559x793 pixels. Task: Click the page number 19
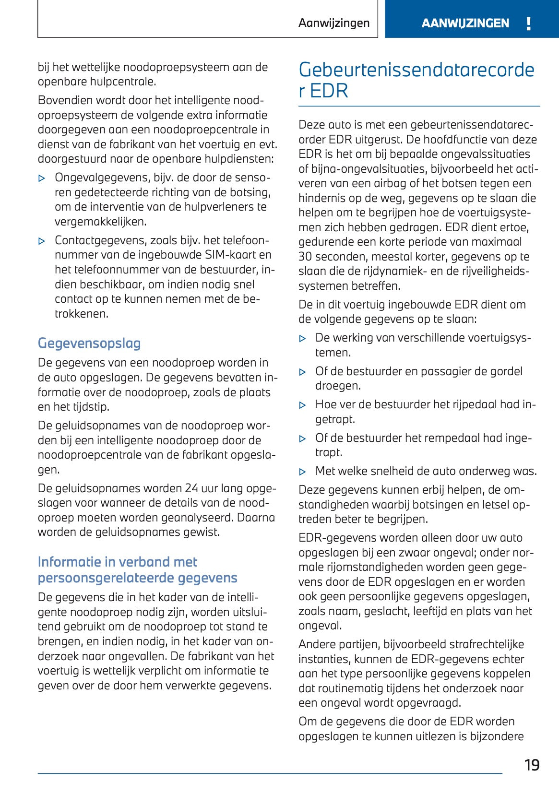pyautogui.click(x=532, y=765)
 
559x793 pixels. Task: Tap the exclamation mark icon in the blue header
pyautogui.click(x=528, y=24)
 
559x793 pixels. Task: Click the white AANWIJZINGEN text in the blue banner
pyautogui.click(x=465, y=24)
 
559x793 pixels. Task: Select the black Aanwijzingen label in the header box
pyautogui.click(x=334, y=23)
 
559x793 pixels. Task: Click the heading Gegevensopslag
pyautogui.click(x=89, y=343)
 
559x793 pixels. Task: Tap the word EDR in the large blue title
pyautogui.click(x=329, y=91)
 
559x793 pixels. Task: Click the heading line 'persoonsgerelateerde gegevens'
pyautogui.click(x=137, y=578)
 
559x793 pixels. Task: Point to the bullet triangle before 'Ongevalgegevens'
pyautogui.click(x=42, y=178)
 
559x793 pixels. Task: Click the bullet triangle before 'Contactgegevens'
pyautogui.click(x=42, y=241)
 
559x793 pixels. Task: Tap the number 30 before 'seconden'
pyautogui.click(x=305, y=257)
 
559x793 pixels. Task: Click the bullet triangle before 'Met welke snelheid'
pyautogui.click(x=302, y=472)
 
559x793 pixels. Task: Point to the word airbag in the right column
pyautogui.click(x=387, y=183)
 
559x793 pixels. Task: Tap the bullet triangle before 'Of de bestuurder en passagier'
pyautogui.click(x=302, y=372)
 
